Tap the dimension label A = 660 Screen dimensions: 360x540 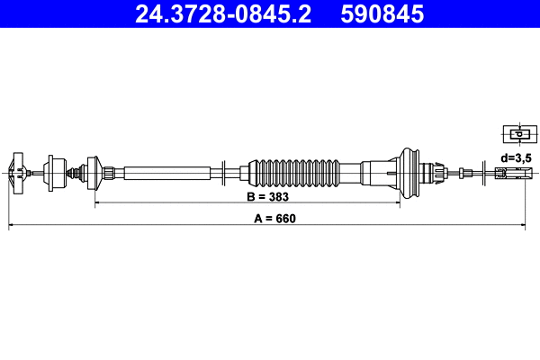pyautogui.click(x=271, y=218)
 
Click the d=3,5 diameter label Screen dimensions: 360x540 pyautogui.click(x=517, y=157)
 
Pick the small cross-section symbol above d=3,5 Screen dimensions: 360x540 pyautogui.click(x=517, y=135)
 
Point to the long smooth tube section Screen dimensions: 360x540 pyautogui.click(x=167, y=172)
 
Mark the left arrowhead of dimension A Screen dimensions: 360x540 pyautogui.click(x=11, y=226)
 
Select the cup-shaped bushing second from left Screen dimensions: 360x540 pyautogui.click(x=55, y=171)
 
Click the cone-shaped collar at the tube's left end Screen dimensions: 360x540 pyautogui.click(x=92, y=171)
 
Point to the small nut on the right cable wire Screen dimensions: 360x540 pyautogui.click(x=463, y=172)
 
